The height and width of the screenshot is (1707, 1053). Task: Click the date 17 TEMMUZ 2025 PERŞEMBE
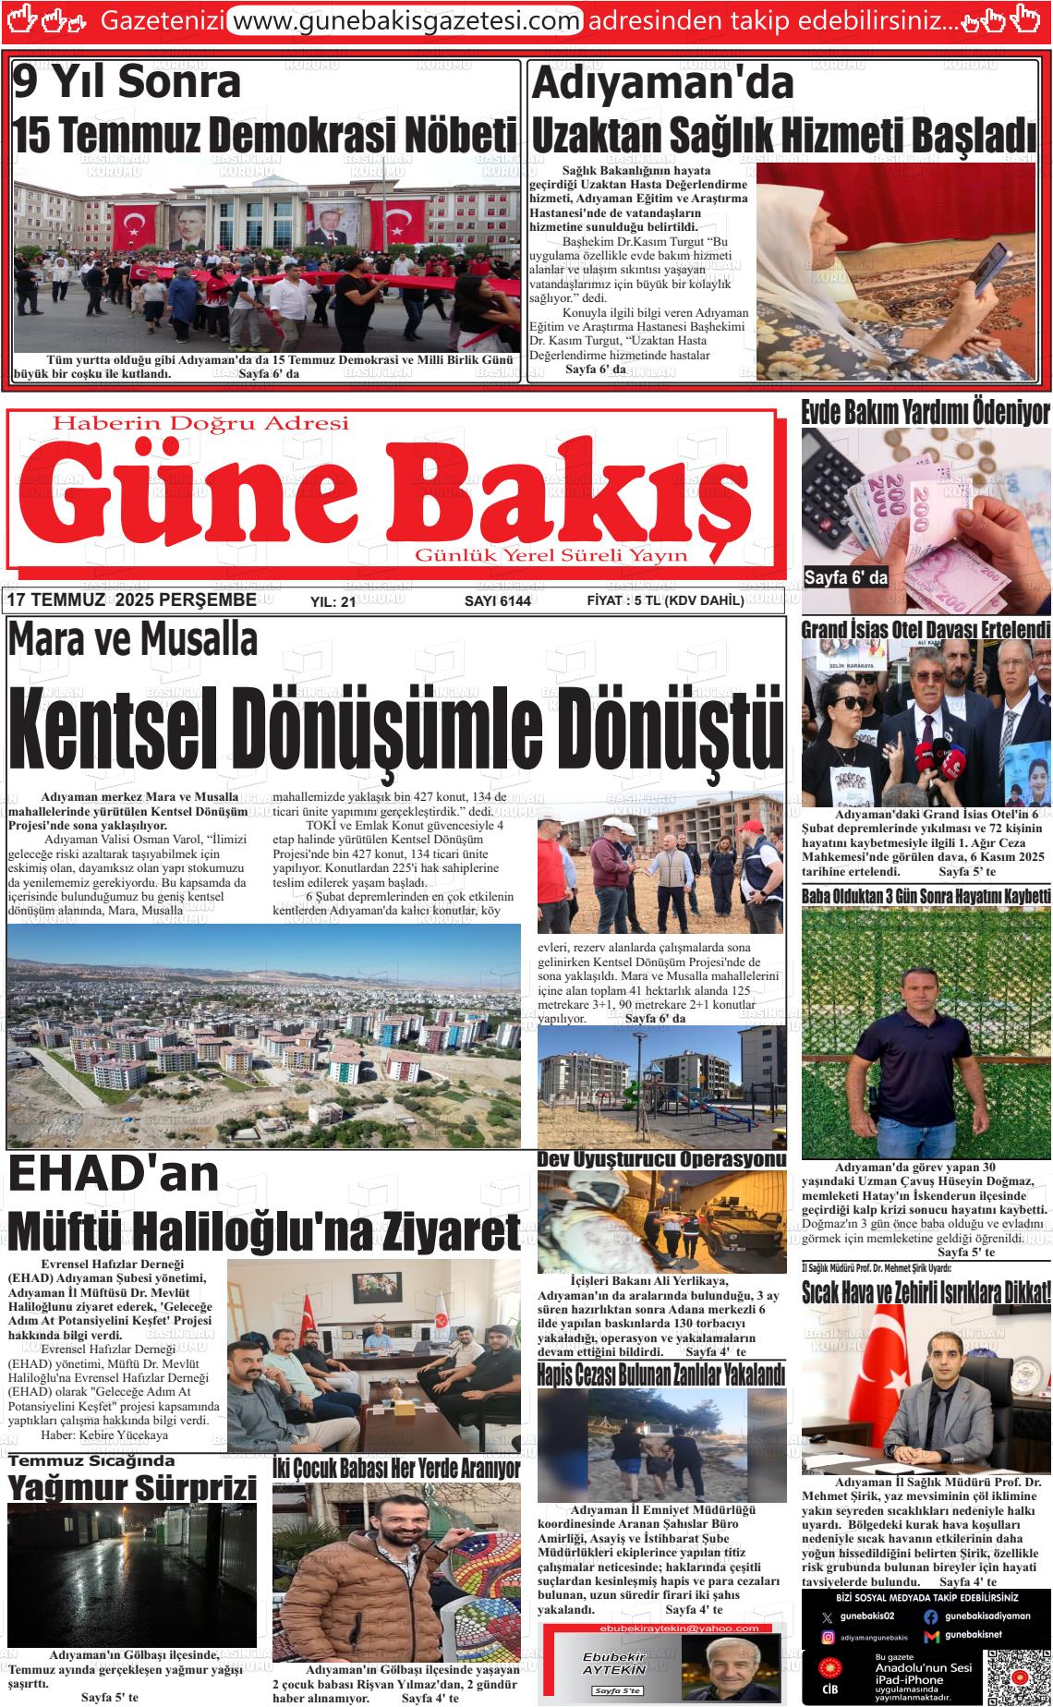click(x=131, y=601)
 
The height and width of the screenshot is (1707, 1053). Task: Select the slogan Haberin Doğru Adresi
click(x=201, y=424)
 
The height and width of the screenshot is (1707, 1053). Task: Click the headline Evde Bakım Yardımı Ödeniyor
click(x=926, y=412)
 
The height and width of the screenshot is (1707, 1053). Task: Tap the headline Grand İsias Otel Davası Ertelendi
click(x=926, y=630)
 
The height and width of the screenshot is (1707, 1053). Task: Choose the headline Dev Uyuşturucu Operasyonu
click(x=661, y=1158)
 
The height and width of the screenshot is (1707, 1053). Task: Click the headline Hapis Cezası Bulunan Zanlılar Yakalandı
click(x=661, y=1374)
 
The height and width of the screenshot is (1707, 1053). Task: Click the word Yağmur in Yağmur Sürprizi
click(x=68, y=1489)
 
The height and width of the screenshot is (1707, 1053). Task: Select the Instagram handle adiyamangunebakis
click(x=874, y=1637)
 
